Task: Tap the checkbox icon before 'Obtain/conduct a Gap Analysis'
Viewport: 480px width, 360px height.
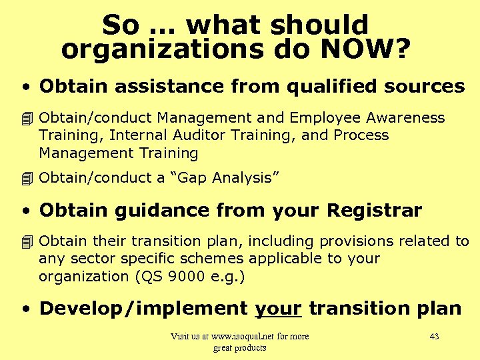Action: coord(27,178)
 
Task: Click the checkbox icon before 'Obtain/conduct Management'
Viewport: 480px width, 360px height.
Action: coord(27,119)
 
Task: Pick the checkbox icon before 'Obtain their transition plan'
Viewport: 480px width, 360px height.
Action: coord(27,241)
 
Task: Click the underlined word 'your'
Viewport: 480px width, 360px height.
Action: coord(279,308)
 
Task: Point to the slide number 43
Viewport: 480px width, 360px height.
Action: coord(434,336)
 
